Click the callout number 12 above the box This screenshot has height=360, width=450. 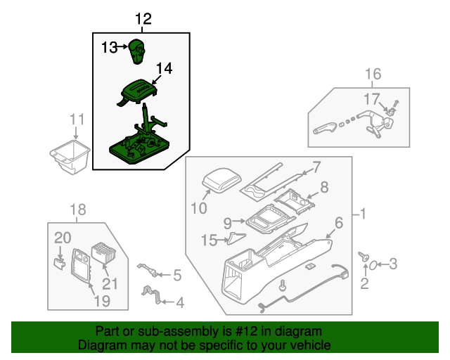click(x=143, y=19)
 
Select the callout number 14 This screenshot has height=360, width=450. click(x=164, y=68)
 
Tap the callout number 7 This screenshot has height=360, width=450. click(x=316, y=167)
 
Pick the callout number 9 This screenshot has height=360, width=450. click(x=227, y=223)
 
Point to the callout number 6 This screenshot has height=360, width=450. click(x=338, y=223)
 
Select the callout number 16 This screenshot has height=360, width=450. click(x=372, y=74)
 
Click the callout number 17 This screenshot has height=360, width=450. click(x=371, y=98)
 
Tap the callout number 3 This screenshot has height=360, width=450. click(x=393, y=264)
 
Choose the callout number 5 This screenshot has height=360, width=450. click(x=176, y=275)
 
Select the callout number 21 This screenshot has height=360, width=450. click(x=111, y=283)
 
